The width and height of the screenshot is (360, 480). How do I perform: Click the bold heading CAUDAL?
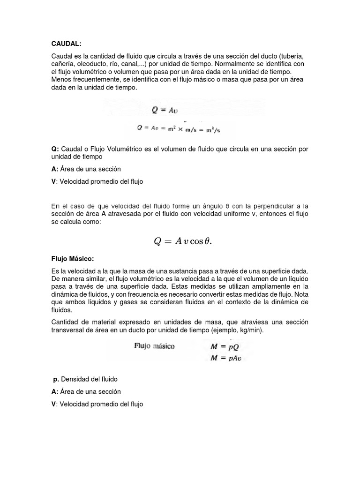click(x=66, y=44)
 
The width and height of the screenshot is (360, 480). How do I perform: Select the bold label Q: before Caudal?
click(x=55, y=149)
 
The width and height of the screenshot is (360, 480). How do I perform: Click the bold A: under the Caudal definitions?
click(x=54, y=169)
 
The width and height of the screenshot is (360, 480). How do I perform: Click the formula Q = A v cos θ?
click(x=183, y=241)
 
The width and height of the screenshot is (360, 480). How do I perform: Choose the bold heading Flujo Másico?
click(x=73, y=258)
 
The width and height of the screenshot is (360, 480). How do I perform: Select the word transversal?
click(x=68, y=330)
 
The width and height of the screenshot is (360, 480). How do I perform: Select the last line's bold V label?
click(x=53, y=404)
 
